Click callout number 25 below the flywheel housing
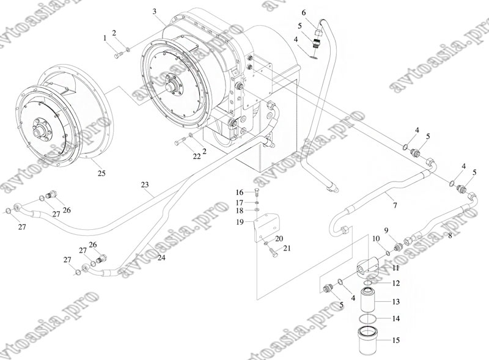tap(101, 173)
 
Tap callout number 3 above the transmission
tap(155, 12)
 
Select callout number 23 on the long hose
tap(145, 185)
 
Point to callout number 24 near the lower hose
tap(161, 257)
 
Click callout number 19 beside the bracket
tap(240, 222)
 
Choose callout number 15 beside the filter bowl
tap(395, 340)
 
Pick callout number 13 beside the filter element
tap(395, 302)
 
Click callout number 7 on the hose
tap(395, 205)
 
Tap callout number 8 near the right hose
tap(450, 236)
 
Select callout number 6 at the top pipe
tap(303, 13)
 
